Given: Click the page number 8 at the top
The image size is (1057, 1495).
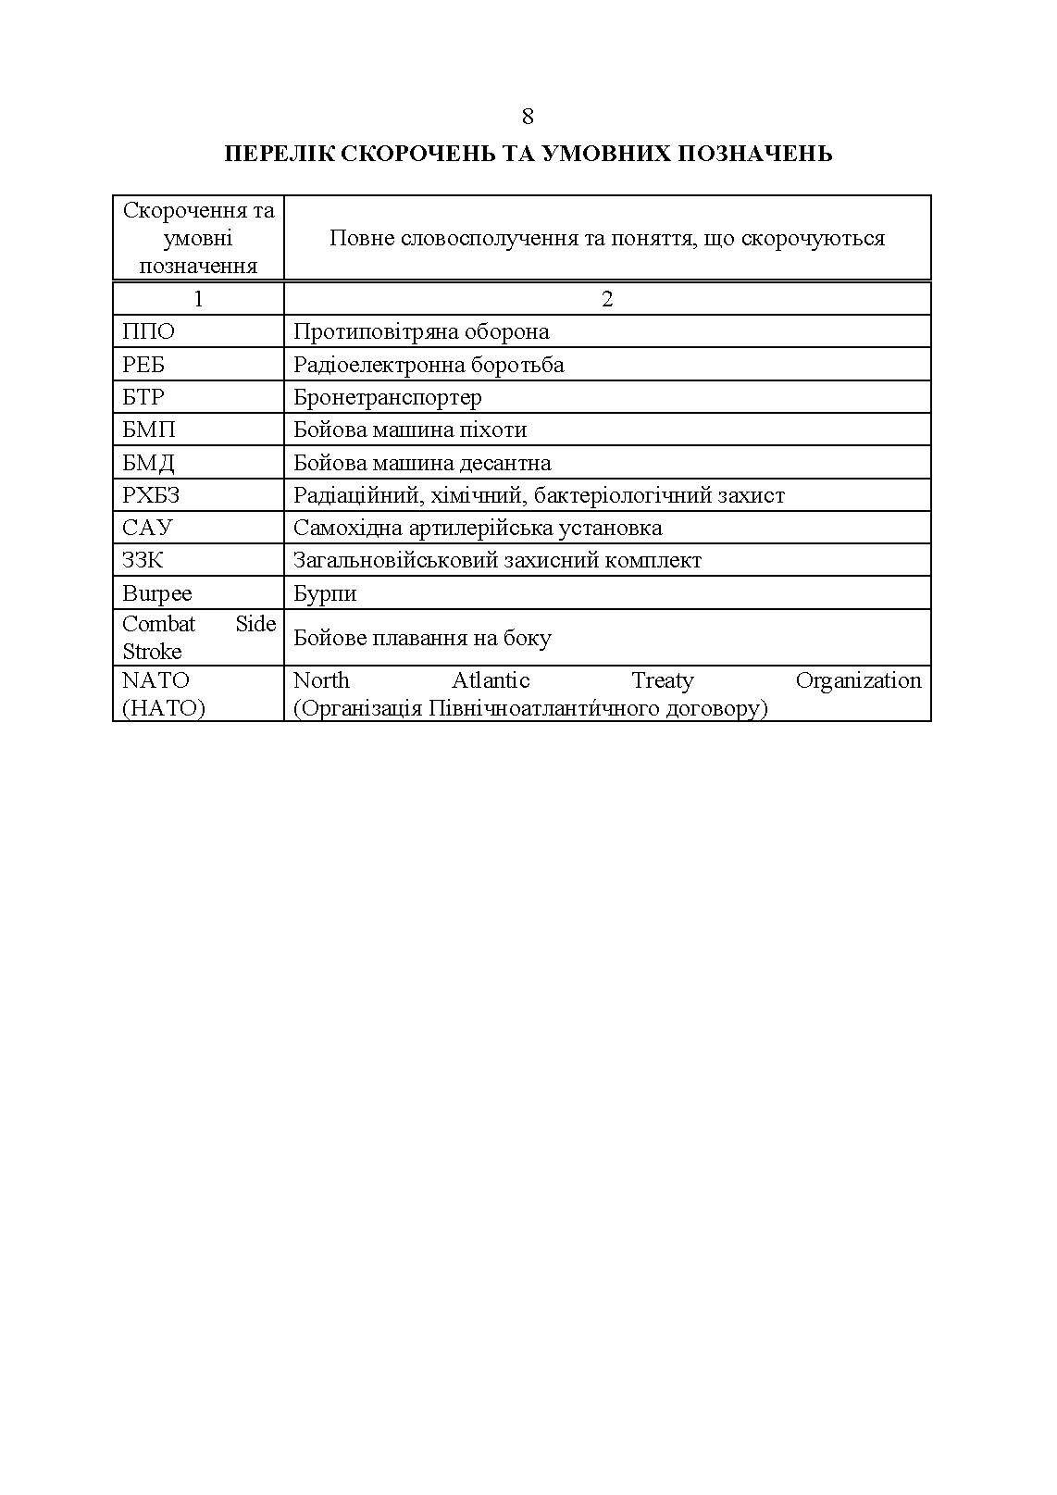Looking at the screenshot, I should [x=528, y=117].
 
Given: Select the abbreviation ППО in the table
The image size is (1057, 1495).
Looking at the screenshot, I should [x=148, y=331].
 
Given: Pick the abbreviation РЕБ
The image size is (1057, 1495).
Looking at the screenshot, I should [x=143, y=365].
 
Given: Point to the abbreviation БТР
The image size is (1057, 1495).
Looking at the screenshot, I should [x=143, y=397].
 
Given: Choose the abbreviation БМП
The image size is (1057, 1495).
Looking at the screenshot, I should [x=148, y=430].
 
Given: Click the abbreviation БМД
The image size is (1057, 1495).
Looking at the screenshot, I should [x=148, y=463].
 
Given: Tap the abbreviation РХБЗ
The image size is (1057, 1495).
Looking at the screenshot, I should [x=151, y=495].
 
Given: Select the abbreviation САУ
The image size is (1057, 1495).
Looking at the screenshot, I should [x=147, y=528].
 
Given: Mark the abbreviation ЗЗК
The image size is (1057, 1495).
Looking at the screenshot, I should [x=143, y=560].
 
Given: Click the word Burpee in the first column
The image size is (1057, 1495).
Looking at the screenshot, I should [x=157, y=593].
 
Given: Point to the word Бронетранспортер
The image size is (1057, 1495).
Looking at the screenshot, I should [x=388, y=397].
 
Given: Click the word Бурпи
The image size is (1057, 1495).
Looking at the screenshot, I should [x=325, y=593].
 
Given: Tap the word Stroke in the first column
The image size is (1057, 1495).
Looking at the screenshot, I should [x=152, y=651].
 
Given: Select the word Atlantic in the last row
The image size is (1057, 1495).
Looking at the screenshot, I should [x=491, y=680].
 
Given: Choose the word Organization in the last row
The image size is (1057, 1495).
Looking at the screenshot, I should [x=858, y=680].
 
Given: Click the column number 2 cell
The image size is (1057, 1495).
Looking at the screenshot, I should [x=607, y=299].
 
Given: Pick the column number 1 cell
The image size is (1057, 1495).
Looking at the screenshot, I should [x=198, y=299].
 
